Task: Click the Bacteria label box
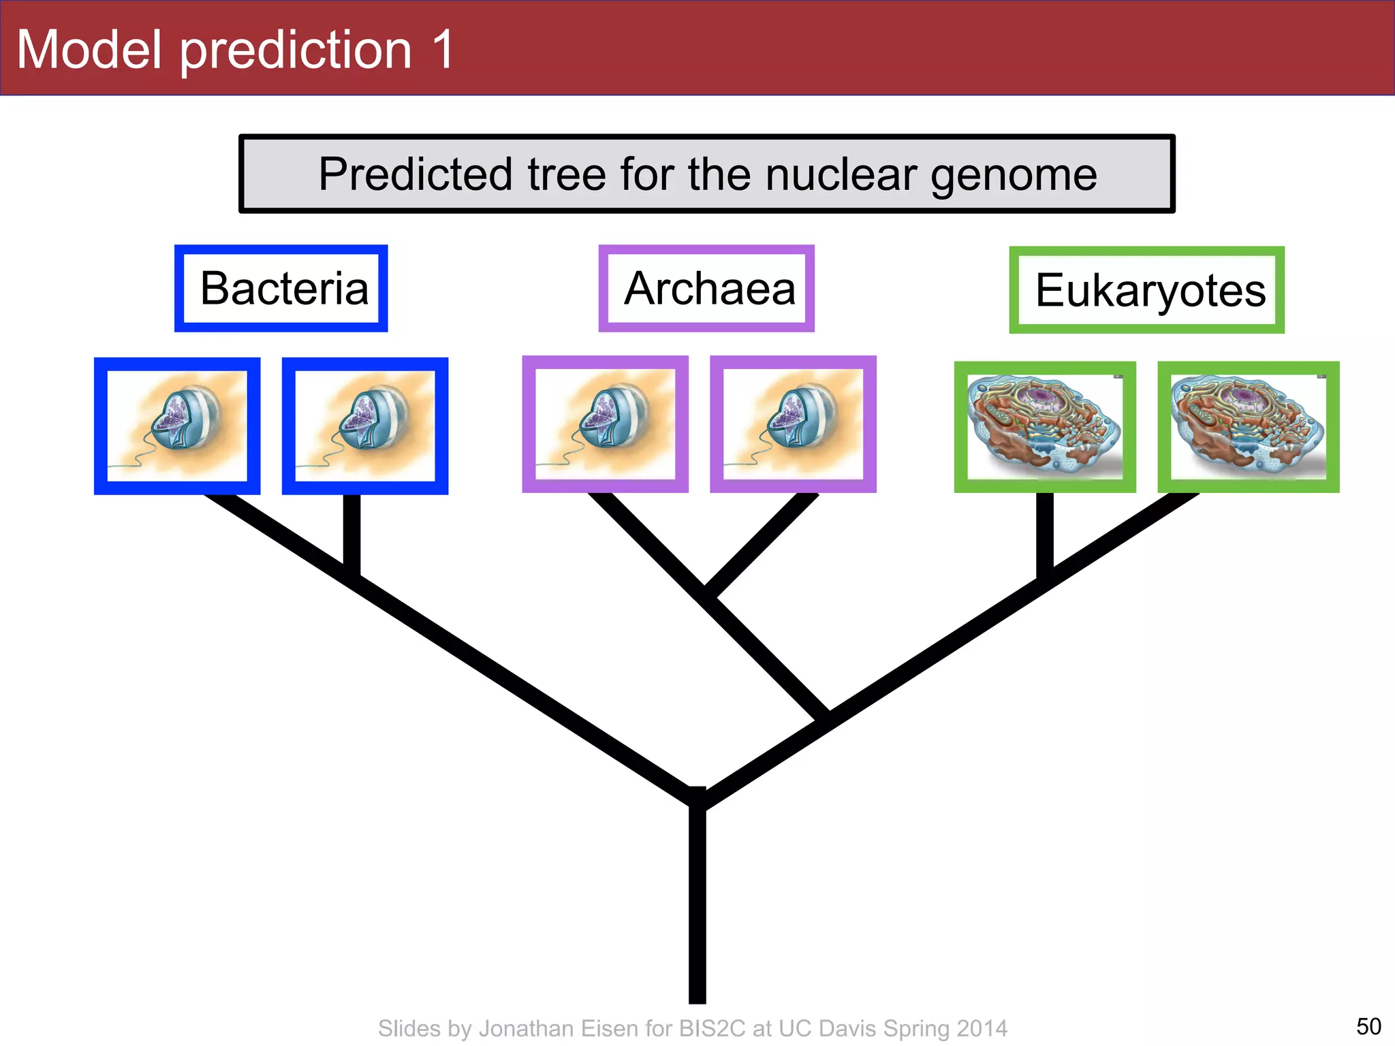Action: tap(281, 289)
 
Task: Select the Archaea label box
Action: tap(706, 289)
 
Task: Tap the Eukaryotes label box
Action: tap(1146, 290)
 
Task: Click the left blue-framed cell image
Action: tap(177, 426)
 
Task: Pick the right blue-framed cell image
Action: tap(365, 426)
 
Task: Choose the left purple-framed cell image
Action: tap(605, 424)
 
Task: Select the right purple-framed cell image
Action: tap(793, 424)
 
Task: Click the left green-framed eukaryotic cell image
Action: tap(1045, 427)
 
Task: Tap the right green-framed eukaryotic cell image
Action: tap(1248, 427)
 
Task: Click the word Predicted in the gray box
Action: tap(416, 174)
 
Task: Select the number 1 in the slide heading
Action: tap(443, 50)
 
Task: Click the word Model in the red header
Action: tap(89, 50)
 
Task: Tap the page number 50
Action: tap(1368, 1026)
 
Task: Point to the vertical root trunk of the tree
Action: tap(697, 906)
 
